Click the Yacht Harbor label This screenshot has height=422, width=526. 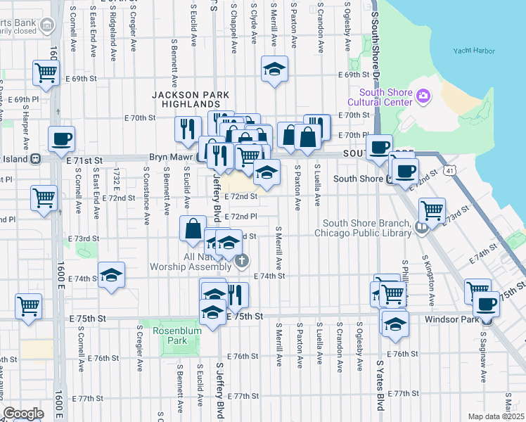click(474, 51)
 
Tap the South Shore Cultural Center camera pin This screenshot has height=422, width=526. click(423, 96)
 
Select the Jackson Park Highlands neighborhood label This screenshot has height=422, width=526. click(191, 99)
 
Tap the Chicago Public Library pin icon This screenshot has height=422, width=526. click(421, 226)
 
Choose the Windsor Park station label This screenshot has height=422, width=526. click(454, 319)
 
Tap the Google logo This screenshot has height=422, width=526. click(23, 414)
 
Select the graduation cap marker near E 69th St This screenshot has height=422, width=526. click(274, 70)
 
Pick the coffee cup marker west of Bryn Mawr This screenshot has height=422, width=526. click(61, 139)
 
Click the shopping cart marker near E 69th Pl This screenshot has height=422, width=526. click(45, 72)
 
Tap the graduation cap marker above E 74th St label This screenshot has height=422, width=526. click(111, 275)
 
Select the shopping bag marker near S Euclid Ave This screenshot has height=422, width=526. click(193, 229)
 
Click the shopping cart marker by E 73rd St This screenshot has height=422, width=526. click(432, 210)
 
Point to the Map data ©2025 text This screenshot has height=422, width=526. click(496, 416)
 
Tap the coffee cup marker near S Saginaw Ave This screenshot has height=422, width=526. click(486, 303)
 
